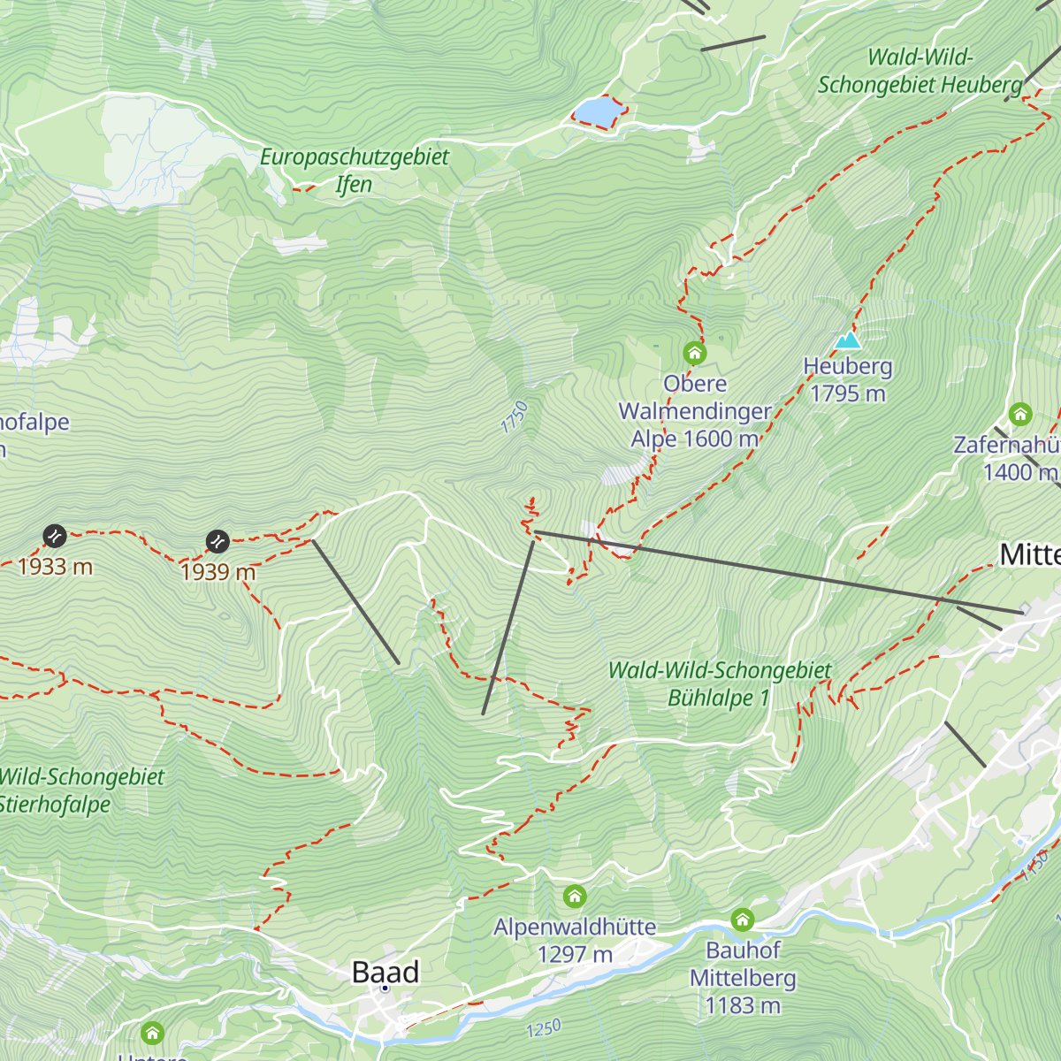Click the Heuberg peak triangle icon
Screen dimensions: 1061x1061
pyautogui.click(x=848, y=340)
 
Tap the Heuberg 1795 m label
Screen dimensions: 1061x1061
pyautogui.click(x=848, y=380)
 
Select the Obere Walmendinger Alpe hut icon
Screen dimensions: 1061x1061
pyautogui.click(x=695, y=354)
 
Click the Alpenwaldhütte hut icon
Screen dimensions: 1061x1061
pyautogui.click(x=575, y=897)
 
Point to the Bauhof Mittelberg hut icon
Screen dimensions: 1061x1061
pyautogui.click(x=743, y=920)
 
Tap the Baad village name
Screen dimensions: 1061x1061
pyautogui.click(x=385, y=973)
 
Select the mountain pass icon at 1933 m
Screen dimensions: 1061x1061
pyautogui.click(x=55, y=535)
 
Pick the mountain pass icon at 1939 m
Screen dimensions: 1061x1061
pyautogui.click(x=218, y=541)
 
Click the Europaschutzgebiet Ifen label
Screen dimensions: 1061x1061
pyautogui.click(x=355, y=171)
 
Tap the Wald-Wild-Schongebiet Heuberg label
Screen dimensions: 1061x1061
pyautogui.click(x=920, y=72)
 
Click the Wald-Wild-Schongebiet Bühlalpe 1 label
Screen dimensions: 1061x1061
pyautogui.click(x=720, y=684)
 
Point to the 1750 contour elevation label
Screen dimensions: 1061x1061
pyautogui.click(x=514, y=417)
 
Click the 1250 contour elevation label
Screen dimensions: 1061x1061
pyautogui.click(x=544, y=1029)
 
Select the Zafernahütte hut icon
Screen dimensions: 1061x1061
pyautogui.click(x=1020, y=414)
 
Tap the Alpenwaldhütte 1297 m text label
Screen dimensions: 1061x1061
pyautogui.click(x=575, y=941)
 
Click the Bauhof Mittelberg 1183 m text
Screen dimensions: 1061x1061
pyautogui.click(x=743, y=978)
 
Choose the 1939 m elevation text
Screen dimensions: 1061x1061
pyautogui.click(x=218, y=572)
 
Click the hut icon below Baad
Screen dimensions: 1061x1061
pyautogui.click(x=152, y=1033)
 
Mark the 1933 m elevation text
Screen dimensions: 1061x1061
pyautogui.click(x=55, y=566)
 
